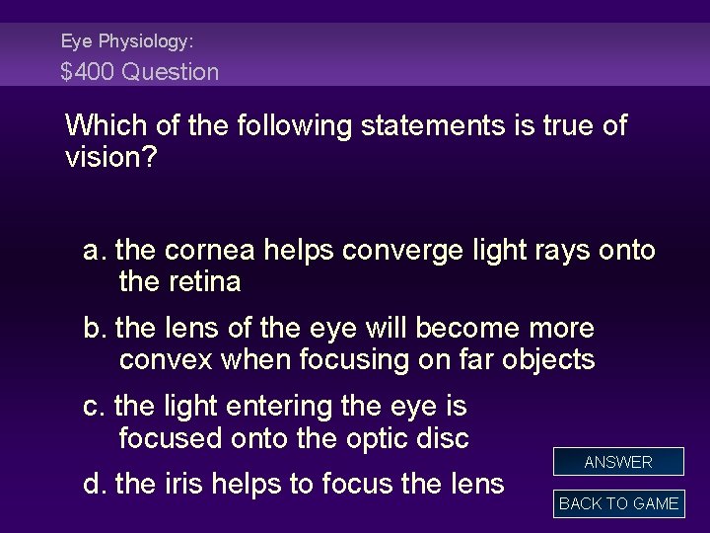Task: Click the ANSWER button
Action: pyautogui.click(x=618, y=462)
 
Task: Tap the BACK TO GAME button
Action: pyautogui.click(x=618, y=503)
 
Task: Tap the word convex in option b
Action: pyautogui.click(x=166, y=359)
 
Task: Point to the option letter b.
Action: pyautogui.click(x=95, y=328)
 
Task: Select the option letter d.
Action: pyautogui.click(x=95, y=484)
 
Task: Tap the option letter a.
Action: pyautogui.click(x=95, y=251)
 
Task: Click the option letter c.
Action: pyautogui.click(x=95, y=406)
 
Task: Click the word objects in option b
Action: pyautogui.click(x=547, y=359)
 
